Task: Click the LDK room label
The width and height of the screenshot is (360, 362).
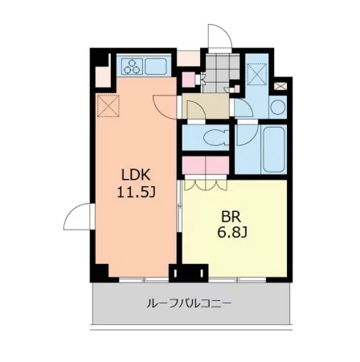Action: pos(135,175)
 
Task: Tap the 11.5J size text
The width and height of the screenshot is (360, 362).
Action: pos(137,192)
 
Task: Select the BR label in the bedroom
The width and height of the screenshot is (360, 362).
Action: pos(231,217)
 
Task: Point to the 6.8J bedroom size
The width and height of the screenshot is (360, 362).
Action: pos(232,233)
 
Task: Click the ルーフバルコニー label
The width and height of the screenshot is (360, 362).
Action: pos(189,303)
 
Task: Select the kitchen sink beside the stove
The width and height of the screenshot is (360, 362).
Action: pos(156,67)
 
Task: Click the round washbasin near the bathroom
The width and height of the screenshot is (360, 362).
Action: pos(278,107)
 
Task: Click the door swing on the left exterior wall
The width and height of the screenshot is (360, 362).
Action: pos(77,216)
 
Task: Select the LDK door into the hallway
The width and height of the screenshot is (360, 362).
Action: pos(165,107)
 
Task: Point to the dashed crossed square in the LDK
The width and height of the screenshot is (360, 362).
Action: pos(108,106)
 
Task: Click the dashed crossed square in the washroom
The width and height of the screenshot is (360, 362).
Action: pos(257,74)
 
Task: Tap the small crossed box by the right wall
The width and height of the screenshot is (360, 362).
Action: pos(280,86)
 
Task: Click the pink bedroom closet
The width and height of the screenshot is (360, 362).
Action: pos(206,165)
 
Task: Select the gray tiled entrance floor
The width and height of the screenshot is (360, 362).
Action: pos(220,73)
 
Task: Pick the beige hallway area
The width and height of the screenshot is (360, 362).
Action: pos(206,106)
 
